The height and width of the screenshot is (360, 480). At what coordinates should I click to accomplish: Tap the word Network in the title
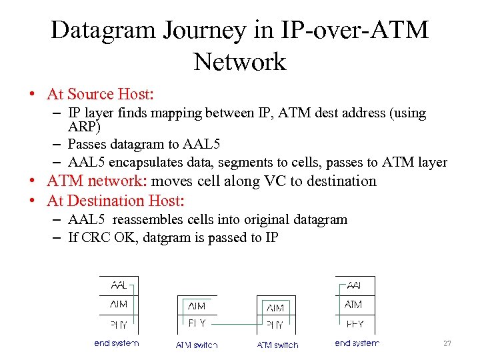[239, 62]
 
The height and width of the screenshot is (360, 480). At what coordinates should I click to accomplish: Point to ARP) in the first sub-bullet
[84, 127]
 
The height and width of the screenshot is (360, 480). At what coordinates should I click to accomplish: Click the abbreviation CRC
[97, 237]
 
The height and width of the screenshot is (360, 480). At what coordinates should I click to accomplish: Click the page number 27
[447, 343]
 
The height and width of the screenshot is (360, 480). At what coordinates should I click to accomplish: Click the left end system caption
[116, 343]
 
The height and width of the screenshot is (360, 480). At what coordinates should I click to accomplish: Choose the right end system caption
[357, 343]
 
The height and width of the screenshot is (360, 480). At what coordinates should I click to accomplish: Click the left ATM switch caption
[197, 345]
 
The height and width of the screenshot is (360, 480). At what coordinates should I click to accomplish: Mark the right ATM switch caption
[277, 345]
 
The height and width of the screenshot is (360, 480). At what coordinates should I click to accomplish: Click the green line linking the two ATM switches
[237, 325]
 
